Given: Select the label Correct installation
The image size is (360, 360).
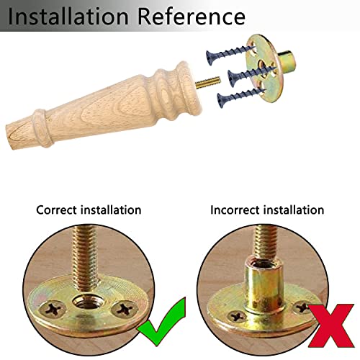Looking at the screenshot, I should (x=89, y=210).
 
